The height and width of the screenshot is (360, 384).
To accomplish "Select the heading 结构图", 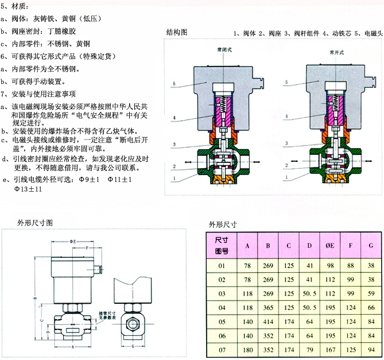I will (177, 32).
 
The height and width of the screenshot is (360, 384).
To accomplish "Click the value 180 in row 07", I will (247, 349).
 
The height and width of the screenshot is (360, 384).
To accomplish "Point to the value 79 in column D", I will (309, 349).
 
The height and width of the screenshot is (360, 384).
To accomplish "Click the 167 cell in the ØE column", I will (330, 349).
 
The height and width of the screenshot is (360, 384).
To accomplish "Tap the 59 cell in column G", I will (371, 294).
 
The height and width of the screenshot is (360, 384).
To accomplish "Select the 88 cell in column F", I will (351, 266).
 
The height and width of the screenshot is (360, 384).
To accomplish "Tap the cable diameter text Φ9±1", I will (90, 180).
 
